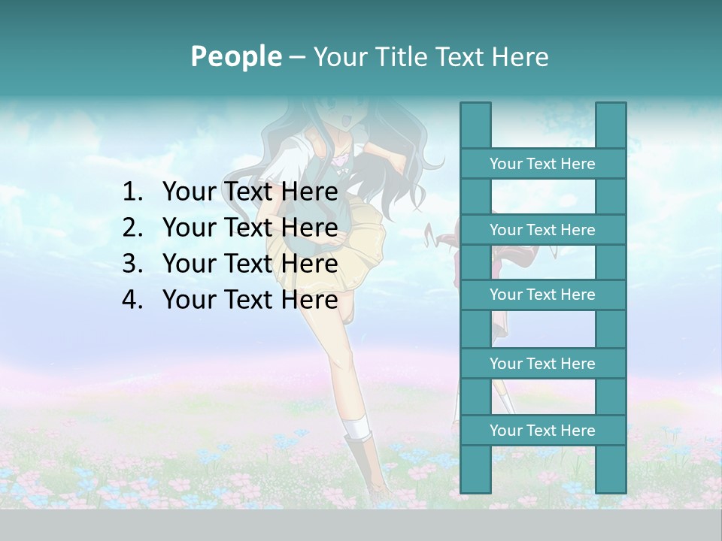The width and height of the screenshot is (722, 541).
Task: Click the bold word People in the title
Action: [235, 56]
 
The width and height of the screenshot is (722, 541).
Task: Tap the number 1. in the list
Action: [133, 192]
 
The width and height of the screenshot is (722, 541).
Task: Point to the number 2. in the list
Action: [133, 228]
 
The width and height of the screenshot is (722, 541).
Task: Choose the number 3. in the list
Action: [133, 264]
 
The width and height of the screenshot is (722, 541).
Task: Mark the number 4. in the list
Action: [133, 300]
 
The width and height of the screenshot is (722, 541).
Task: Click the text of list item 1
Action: [250, 192]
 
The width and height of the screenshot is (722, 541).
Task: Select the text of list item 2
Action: [250, 228]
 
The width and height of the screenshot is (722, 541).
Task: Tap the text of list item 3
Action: [250, 264]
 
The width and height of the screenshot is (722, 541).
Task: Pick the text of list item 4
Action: [250, 300]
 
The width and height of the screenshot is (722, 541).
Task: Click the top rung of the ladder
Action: [542, 164]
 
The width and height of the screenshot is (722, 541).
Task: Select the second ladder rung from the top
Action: [542, 230]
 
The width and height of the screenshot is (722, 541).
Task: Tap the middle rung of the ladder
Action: [542, 295]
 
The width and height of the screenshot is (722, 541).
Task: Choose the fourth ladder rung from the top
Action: [542, 364]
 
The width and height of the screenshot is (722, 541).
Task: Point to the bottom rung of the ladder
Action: [542, 431]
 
